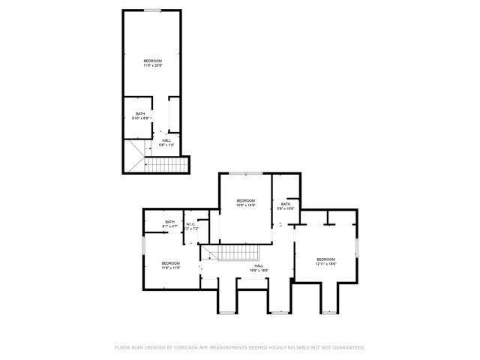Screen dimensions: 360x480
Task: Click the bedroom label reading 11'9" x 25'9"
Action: (x=154, y=63)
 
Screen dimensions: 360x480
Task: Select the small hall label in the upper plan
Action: (x=166, y=142)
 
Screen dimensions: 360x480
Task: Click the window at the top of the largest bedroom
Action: (x=152, y=10)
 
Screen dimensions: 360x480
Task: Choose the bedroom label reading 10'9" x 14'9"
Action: (x=246, y=202)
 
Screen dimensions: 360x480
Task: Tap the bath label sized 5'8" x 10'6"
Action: (x=286, y=205)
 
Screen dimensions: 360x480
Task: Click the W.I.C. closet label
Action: (x=191, y=225)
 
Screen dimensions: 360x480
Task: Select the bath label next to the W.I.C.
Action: (x=170, y=223)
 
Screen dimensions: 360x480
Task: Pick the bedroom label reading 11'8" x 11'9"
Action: (x=170, y=265)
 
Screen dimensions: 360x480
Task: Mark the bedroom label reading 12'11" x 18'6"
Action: (x=326, y=261)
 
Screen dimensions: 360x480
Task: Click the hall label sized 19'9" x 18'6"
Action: (x=259, y=268)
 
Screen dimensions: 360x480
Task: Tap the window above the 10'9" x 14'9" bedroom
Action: (x=245, y=173)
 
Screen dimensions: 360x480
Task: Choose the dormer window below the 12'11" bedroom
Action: (x=328, y=311)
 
